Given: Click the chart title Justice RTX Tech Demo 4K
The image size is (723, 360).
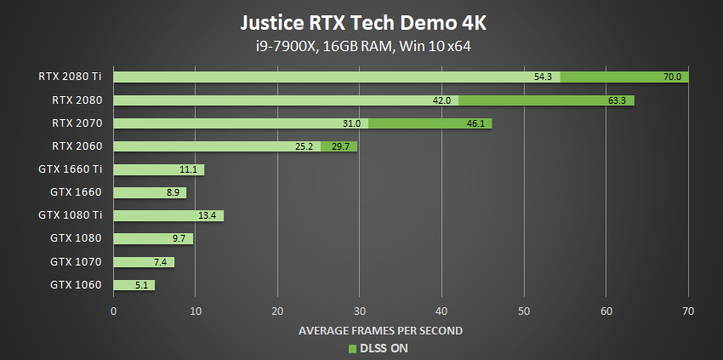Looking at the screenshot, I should [x=361, y=20].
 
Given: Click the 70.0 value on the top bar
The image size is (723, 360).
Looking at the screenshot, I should [x=672, y=77].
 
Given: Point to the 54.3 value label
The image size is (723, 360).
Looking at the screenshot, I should [x=544, y=77].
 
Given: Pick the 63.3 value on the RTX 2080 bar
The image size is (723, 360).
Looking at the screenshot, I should [x=617, y=100].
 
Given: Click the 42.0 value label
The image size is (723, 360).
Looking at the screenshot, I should [x=442, y=100].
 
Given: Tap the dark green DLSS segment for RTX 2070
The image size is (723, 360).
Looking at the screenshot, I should [x=429, y=123].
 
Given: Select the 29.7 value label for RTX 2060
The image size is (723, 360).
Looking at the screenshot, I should [x=341, y=146].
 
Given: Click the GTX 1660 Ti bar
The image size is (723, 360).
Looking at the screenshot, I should [x=159, y=169].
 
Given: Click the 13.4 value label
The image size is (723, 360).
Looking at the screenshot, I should [x=208, y=215].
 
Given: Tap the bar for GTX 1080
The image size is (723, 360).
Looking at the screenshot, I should [x=153, y=238].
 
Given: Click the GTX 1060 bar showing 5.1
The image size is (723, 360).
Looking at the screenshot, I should [x=134, y=284].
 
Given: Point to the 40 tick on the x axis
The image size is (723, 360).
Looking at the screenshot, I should [x=441, y=311].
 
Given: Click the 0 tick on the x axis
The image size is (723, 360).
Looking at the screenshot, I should [x=114, y=311].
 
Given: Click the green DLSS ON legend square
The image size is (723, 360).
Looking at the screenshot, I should [x=352, y=348].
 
